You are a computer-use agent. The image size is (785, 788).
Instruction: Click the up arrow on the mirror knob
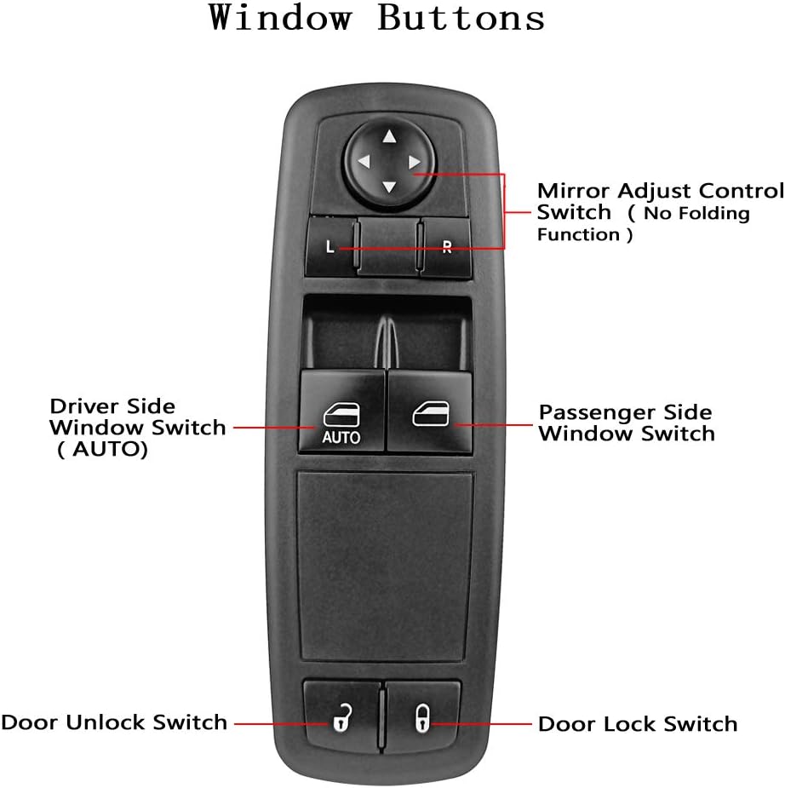tap(389, 136)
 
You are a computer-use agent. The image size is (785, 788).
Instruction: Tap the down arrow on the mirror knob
tap(389, 187)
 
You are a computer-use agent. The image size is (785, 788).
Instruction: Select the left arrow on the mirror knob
tap(364, 161)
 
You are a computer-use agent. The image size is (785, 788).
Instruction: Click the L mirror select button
tap(330, 248)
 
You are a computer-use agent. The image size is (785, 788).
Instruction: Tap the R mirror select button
tap(446, 248)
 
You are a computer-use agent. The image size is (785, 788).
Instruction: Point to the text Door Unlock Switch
tap(114, 723)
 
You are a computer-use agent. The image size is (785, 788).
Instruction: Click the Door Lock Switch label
tap(638, 725)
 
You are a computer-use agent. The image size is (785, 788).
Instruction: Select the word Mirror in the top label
tap(573, 190)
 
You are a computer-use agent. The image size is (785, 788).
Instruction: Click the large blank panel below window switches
tap(384, 565)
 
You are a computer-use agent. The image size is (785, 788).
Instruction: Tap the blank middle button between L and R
tap(388, 248)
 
